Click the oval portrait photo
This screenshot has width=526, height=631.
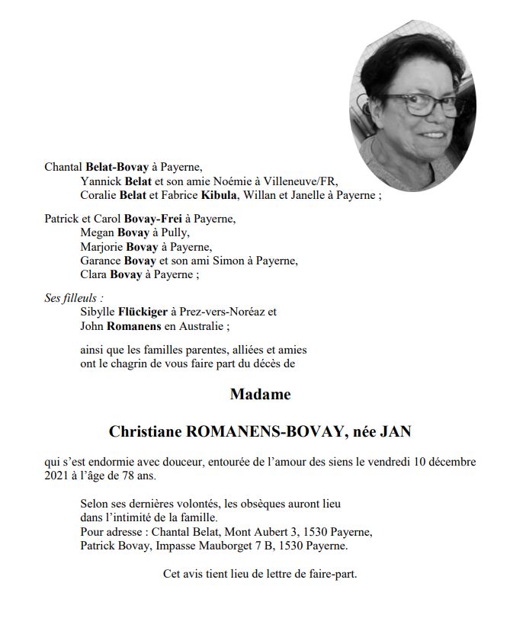pyautogui.click(x=412, y=104)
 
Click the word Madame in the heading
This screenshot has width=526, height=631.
pyautogui.click(x=260, y=395)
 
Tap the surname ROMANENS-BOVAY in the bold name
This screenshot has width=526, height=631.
pyautogui.click(x=264, y=431)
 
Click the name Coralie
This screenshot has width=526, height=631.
pyautogui.click(x=98, y=195)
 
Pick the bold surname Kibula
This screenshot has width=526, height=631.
pyautogui.click(x=220, y=195)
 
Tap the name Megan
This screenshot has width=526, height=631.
pyautogui.click(x=97, y=232)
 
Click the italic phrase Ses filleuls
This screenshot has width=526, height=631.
pyautogui.click(x=73, y=298)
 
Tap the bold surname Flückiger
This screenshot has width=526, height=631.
pyautogui.click(x=144, y=312)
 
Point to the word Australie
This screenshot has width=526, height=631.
pyautogui.click(x=199, y=326)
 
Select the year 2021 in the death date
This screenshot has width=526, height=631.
pyautogui.click(x=58, y=476)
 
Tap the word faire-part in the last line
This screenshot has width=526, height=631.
pyautogui.click(x=332, y=573)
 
